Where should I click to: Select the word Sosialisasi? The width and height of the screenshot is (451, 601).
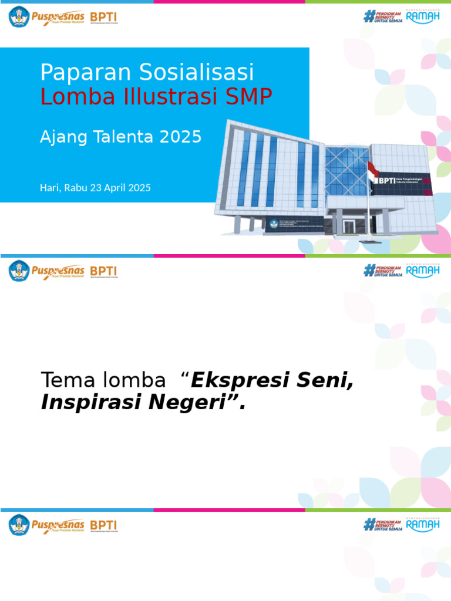[x=197, y=73]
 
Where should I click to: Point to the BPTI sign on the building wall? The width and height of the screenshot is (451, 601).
[x=386, y=181]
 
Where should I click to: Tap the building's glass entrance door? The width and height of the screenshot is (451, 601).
[x=349, y=226]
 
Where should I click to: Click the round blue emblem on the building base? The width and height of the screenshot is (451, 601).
[x=273, y=224]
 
